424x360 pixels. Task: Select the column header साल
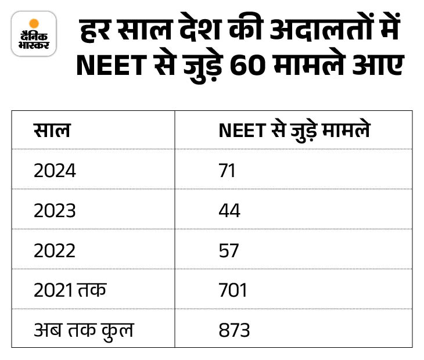[x=52, y=131]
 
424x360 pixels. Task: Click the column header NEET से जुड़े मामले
[x=294, y=131]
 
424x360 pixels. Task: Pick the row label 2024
[x=55, y=171]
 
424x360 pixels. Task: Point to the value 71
[x=227, y=171]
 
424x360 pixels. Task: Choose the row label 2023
[x=55, y=210]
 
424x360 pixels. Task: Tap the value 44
[x=229, y=210]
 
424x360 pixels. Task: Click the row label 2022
[x=55, y=250]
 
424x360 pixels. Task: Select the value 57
[x=229, y=250]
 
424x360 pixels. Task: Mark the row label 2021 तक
[x=70, y=290]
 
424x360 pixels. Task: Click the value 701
[x=233, y=290]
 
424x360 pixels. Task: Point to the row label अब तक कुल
[x=83, y=330]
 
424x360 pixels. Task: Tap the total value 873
[x=234, y=330]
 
